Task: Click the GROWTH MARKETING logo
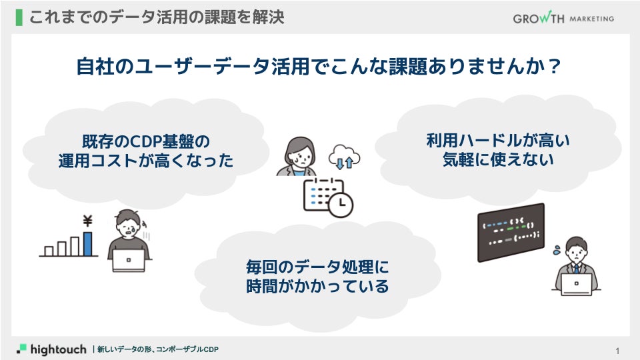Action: [x=563, y=18]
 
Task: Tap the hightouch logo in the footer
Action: [x=52, y=349]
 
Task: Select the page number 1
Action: [x=618, y=351]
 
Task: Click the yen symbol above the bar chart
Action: [x=87, y=222]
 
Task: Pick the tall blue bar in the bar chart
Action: [x=87, y=244]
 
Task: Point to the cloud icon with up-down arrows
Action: [x=344, y=157]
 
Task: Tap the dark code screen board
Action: [x=511, y=232]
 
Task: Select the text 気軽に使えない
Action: [x=498, y=159]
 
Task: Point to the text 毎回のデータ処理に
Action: [x=317, y=268]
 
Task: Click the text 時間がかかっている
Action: [x=317, y=287]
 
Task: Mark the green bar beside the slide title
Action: [x=18, y=17]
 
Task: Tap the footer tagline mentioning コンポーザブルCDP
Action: [x=158, y=349]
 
